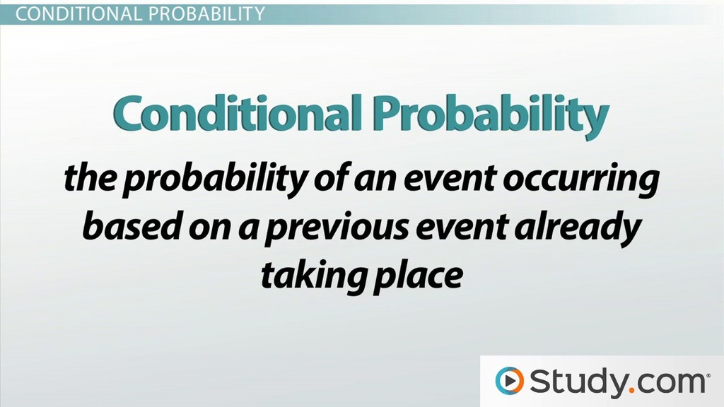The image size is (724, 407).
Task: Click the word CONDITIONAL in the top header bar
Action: click(76, 13)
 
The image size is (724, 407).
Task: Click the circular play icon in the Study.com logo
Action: click(509, 381)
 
